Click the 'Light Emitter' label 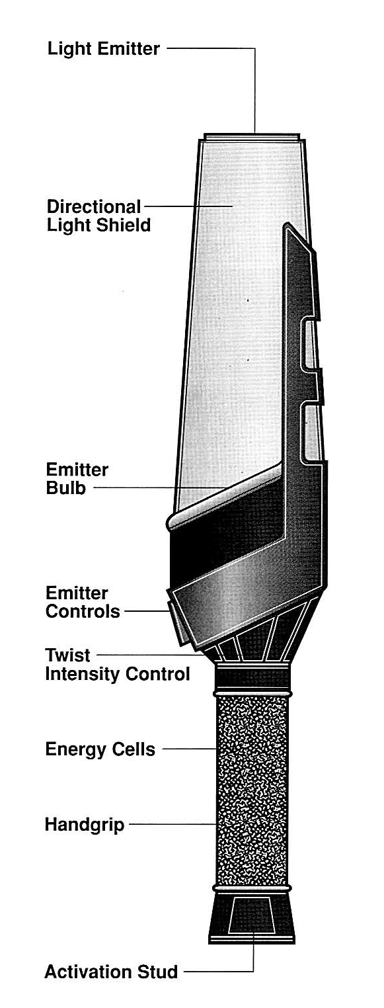click(103, 48)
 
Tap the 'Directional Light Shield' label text click(99, 216)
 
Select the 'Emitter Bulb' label click(77, 479)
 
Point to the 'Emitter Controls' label click(83, 602)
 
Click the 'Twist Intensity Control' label click(118, 664)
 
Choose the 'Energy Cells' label click(100, 749)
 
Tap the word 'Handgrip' click(85, 825)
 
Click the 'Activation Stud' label click(111, 972)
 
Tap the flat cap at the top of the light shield click(252, 136)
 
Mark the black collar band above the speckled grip click(254, 678)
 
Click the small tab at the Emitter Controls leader click(173, 617)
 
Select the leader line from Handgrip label click(173, 824)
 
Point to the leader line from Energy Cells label click(190, 749)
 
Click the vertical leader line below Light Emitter click(255, 91)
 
